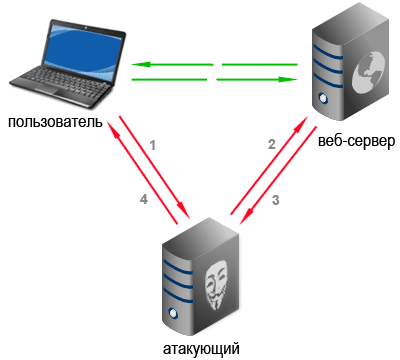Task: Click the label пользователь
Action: pyautogui.click(x=55, y=122)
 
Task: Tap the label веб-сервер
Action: pyautogui.click(x=356, y=141)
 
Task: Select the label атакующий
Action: pyautogui.click(x=201, y=349)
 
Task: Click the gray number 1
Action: pyautogui.click(x=153, y=146)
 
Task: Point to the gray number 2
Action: pyautogui.click(x=272, y=144)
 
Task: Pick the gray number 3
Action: pyautogui.click(x=276, y=200)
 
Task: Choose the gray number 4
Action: pyautogui.click(x=144, y=199)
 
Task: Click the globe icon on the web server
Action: pyautogui.click(x=369, y=72)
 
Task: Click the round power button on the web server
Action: pyautogui.click(x=323, y=98)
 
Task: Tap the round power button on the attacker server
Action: pyautogui.click(x=173, y=314)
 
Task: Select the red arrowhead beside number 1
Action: pyautogui.click(x=183, y=210)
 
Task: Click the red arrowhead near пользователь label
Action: pyautogui.click(x=113, y=128)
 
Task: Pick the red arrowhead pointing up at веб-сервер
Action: pyautogui.click(x=301, y=124)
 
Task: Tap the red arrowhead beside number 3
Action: pyautogui.click(x=246, y=217)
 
